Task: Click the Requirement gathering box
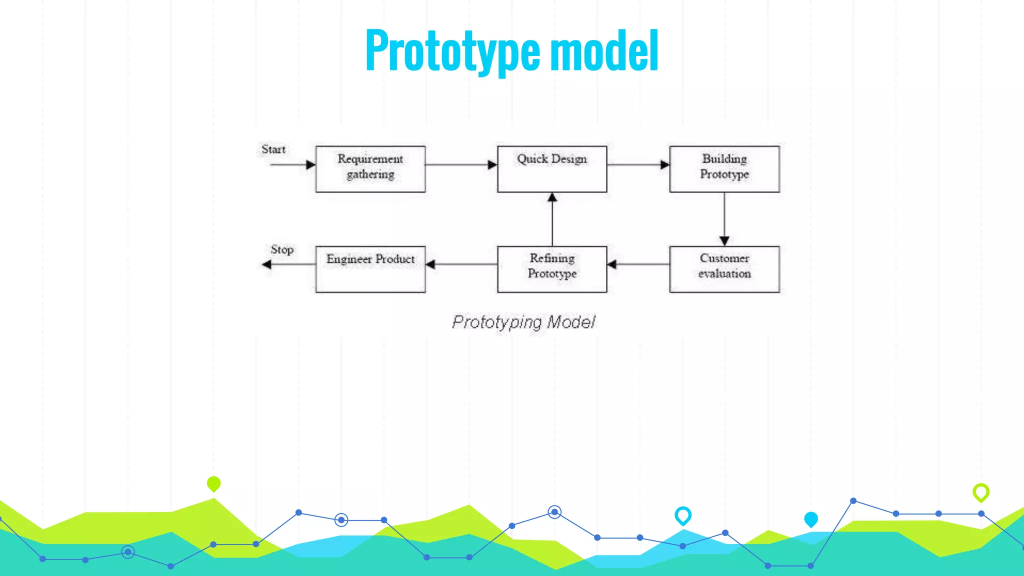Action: [370, 169]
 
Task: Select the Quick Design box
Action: [552, 169]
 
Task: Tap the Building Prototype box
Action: [724, 169]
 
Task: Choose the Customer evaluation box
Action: [724, 269]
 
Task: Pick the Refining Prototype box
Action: [552, 269]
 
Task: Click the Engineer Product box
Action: [370, 269]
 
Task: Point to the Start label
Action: [273, 149]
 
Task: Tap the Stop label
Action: [282, 249]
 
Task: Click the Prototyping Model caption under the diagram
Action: [523, 322]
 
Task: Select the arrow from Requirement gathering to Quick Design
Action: [461, 164]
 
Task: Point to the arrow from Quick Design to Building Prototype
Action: [638, 164]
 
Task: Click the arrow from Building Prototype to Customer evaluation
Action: [724, 219]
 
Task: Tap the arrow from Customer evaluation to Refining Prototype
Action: [638, 264]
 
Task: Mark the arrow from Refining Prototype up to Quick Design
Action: [552, 219]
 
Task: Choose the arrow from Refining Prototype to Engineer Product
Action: [461, 264]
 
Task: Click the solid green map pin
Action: [213, 483]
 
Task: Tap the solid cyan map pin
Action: [811, 519]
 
